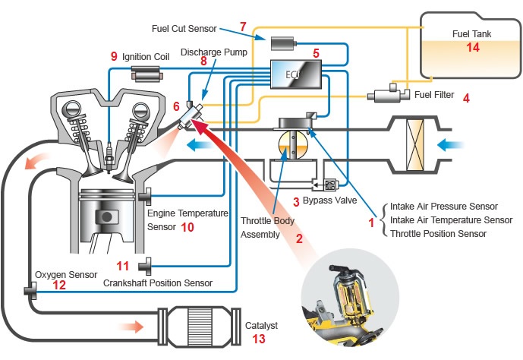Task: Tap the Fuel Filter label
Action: tap(434, 95)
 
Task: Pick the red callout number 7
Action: tap(243, 27)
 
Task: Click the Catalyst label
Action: tap(262, 325)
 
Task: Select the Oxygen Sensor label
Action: tap(66, 274)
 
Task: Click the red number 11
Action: tap(123, 265)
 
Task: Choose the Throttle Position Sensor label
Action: tap(438, 234)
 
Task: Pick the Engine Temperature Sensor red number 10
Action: tap(187, 227)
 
